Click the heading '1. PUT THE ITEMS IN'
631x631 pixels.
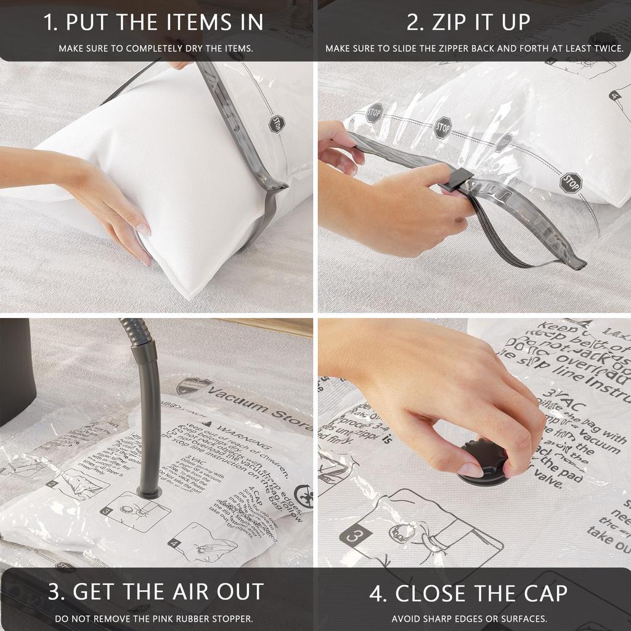point(153,22)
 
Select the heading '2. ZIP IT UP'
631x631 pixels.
point(468,22)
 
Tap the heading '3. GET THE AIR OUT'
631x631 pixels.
point(156,592)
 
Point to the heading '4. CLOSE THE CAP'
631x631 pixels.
point(468,593)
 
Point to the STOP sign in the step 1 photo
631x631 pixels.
point(277,124)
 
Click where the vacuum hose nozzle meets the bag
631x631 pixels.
point(149,491)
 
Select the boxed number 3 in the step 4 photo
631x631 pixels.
point(353,535)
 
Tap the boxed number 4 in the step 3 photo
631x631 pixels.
point(174,543)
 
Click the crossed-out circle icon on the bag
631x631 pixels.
point(303,497)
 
